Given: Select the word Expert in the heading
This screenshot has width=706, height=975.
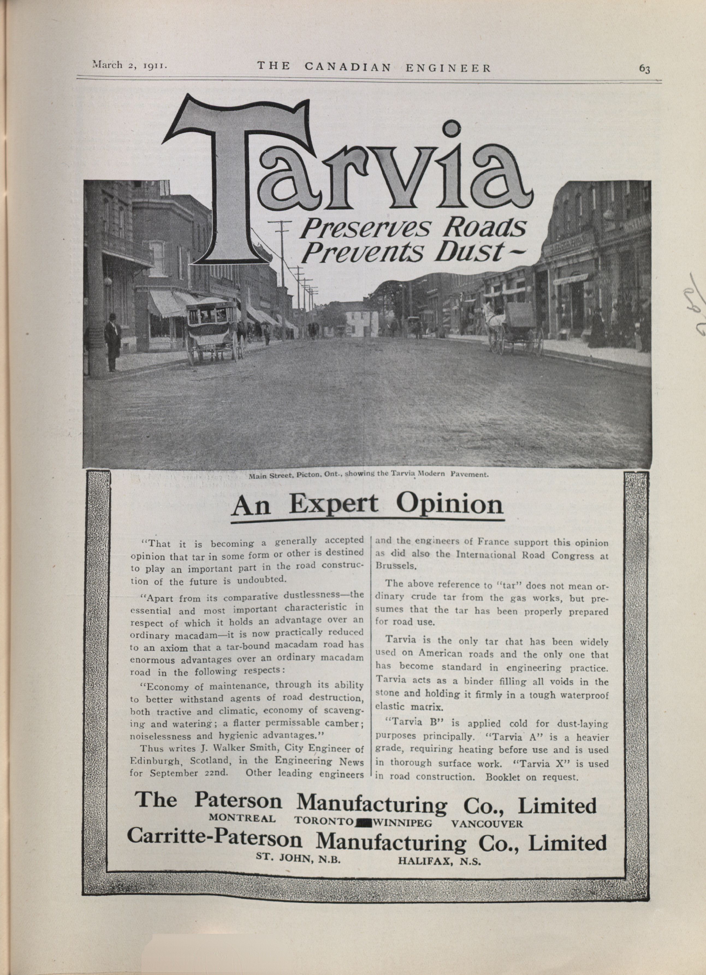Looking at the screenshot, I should (334, 505).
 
